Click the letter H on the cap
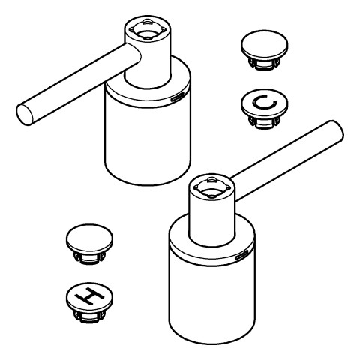click(x=90, y=297)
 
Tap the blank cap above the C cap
click(x=265, y=45)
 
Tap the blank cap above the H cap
click(x=89, y=238)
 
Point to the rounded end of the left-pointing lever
click(x=25, y=115)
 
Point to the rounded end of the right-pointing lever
click(x=337, y=131)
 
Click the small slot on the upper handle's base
click(x=177, y=97)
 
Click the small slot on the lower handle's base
click(x=241, y=256)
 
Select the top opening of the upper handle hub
click(x=147, y=30)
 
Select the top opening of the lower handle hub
click(x=212, y=187)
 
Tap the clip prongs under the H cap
click(x=89, y=316)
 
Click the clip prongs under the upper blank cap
click(x=265, y=64)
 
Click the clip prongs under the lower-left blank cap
click(x=89, y=258)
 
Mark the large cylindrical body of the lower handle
click(x=212, y=298)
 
